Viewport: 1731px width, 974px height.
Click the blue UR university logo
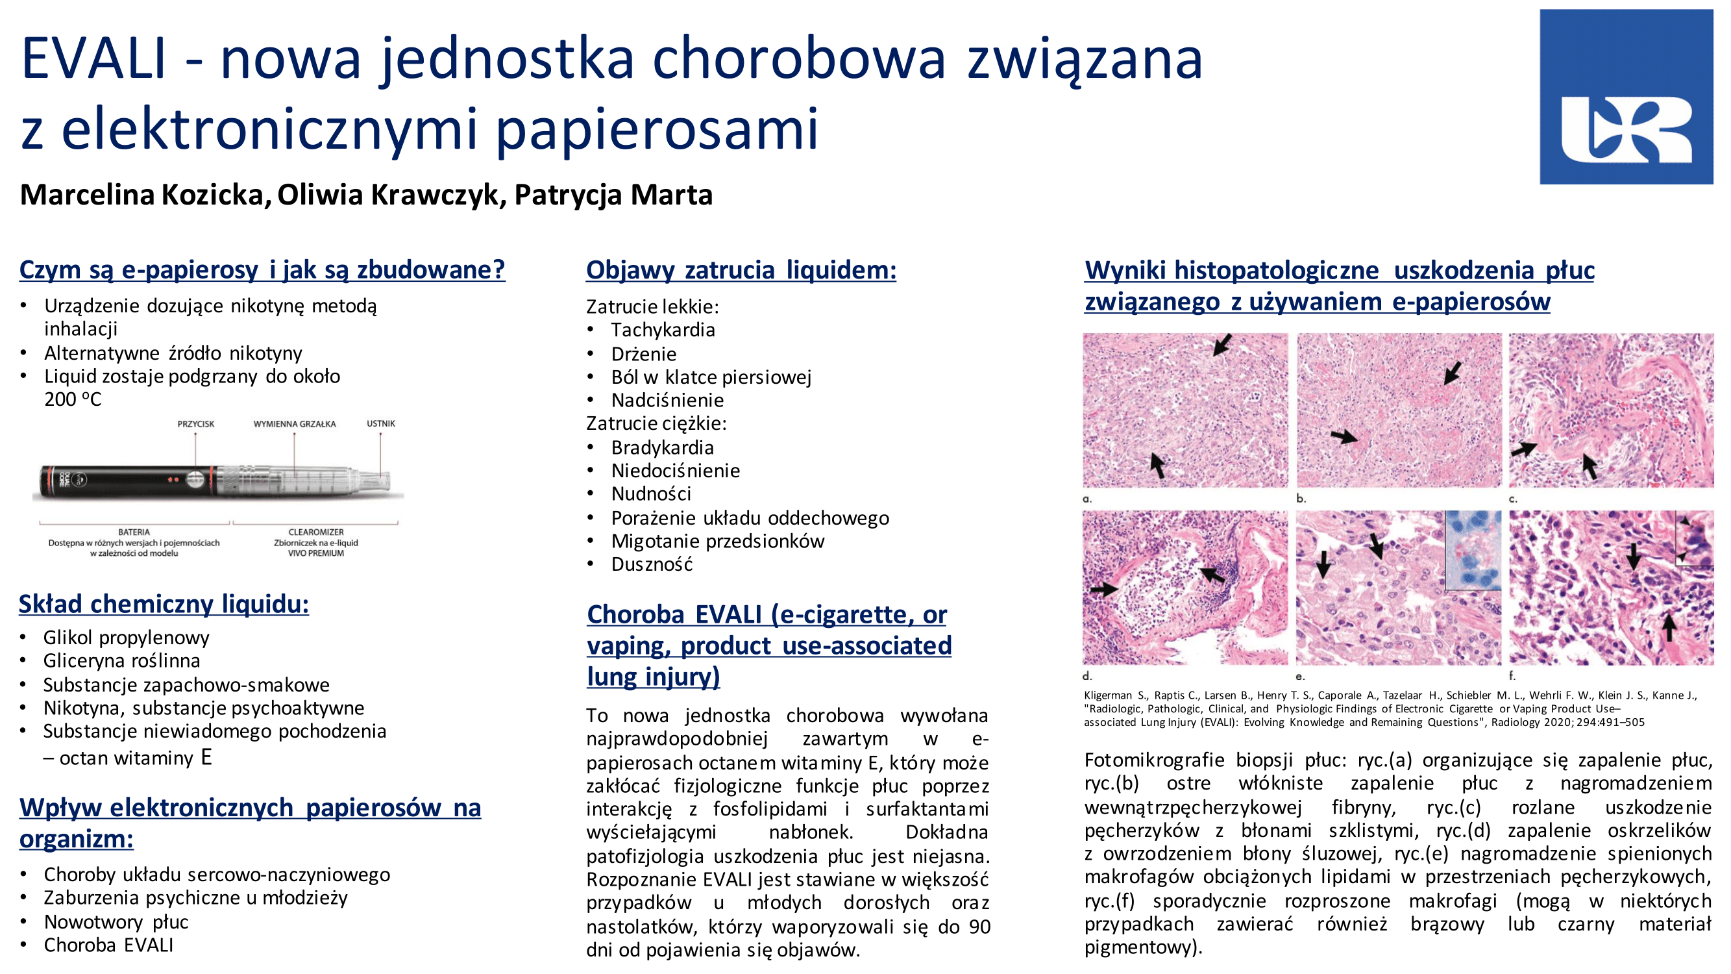point(1626,97)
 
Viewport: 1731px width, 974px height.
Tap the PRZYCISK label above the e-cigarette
point(195,424)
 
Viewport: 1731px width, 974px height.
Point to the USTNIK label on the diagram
point(381,423)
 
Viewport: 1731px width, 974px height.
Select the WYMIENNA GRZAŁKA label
point(294,424)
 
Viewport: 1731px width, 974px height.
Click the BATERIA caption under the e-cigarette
point(134,532)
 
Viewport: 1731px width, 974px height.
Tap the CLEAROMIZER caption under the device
point(316,532)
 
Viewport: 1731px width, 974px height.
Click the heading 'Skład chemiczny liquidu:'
point(164,604)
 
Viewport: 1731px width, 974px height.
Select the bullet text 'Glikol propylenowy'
point(127,637)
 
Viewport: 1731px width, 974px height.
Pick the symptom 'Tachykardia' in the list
point(663,330)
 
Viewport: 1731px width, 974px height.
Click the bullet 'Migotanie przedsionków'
point(717,541)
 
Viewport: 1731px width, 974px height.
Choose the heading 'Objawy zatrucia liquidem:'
point(741,270)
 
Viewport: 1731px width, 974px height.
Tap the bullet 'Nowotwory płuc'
point(116,921)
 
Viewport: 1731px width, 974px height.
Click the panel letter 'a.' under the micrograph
point(1087,499)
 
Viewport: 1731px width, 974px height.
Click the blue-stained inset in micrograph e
point(1473,551)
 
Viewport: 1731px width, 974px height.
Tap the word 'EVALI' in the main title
point(93,59)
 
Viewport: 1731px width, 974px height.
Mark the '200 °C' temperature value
point(73,400)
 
